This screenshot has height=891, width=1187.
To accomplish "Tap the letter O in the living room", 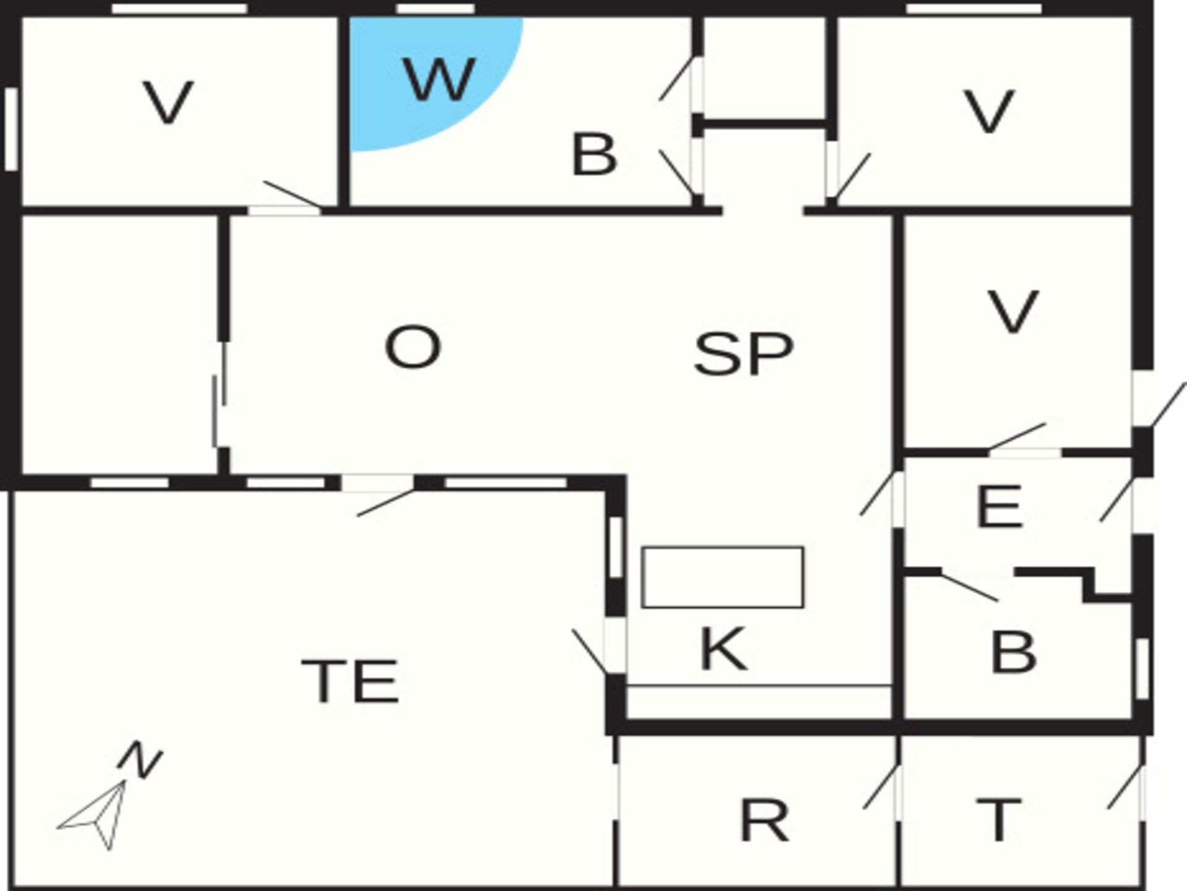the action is (x=413, y=347).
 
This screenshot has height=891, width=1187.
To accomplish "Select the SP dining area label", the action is (x=744, y=353).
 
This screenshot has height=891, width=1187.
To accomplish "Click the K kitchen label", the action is (x=723, y=648).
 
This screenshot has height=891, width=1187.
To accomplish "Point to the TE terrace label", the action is (x=350, y=681).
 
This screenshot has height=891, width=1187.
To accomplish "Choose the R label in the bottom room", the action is (x=765, y=820).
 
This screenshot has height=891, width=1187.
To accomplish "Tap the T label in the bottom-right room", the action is (x=998, y=820).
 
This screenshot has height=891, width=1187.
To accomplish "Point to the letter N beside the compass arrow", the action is (x=140, y=760).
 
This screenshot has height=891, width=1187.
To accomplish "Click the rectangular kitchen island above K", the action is (x=723, y=577).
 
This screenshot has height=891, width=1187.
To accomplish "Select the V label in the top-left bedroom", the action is (x=168, y=102).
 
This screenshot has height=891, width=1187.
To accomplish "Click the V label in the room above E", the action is (x=1013, y=311).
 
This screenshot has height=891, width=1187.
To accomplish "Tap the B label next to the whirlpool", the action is (x=594, y=154).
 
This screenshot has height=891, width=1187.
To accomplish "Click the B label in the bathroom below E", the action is (x=1013, y=652).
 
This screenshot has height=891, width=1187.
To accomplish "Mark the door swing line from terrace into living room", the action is (x=386, y=502).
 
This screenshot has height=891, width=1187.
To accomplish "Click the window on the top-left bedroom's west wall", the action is (x=11, y=129).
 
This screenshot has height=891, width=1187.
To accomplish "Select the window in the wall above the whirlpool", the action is (x=435, y=9).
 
